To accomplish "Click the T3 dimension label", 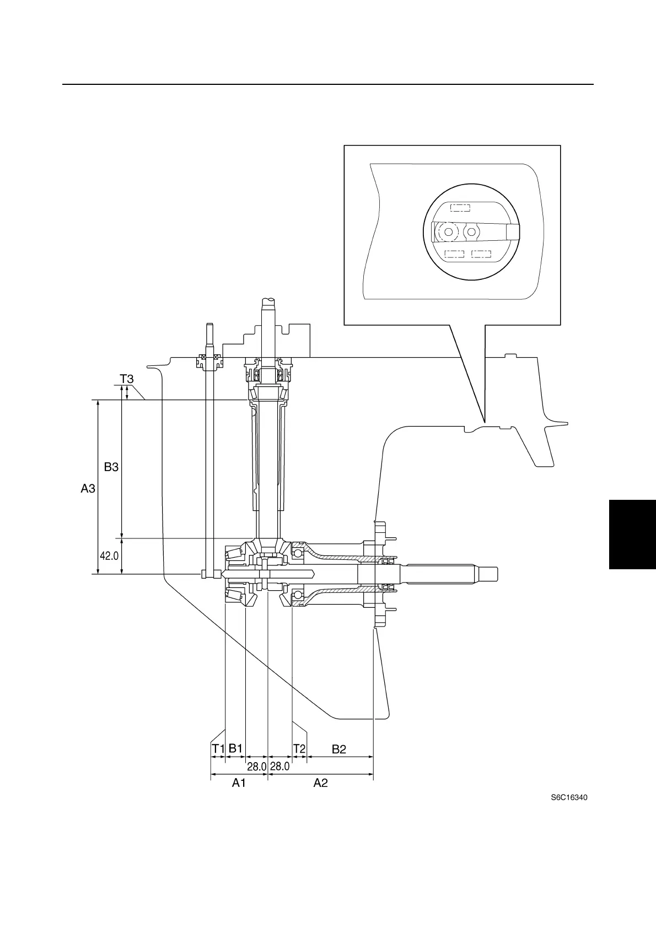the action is (x=127, y=379).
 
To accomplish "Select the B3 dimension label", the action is (x=111, y=467).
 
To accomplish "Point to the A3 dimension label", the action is (x=88, y=488).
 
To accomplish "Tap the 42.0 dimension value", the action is (x=109, y=556).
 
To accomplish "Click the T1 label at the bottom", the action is (x=218, y=749).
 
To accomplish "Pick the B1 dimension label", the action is (x=236, y=748).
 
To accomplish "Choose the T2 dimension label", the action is (x=299, y=749).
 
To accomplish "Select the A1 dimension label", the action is (x=239, y=783).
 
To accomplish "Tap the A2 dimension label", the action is (x=320, y=783).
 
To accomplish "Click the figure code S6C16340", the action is (x=569, y=797).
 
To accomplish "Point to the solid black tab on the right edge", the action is (x=632, y=534).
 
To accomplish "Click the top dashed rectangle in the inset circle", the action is (x=460, y=208).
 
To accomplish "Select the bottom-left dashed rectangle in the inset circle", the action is (x=454, y=254).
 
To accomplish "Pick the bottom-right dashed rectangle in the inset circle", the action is (x=481, y=254).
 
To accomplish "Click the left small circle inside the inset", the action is (x=449, y=232).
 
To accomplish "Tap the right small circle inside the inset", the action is (x=470, y=232).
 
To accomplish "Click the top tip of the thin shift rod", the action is (x=209, y=325).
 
